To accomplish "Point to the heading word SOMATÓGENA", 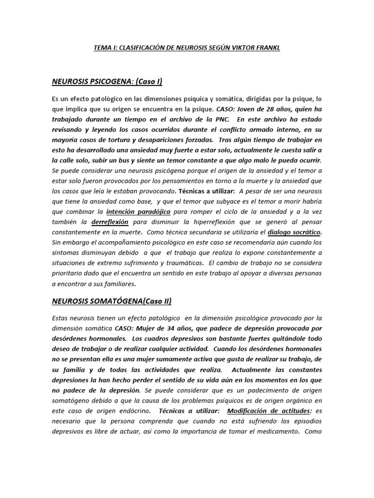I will (x=111, y=301).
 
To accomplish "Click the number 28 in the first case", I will (x=281, y=108).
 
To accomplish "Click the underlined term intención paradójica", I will (x=138, y=212).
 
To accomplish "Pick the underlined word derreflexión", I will (x=110, y=222).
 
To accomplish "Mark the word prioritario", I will (x=69, y=273).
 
